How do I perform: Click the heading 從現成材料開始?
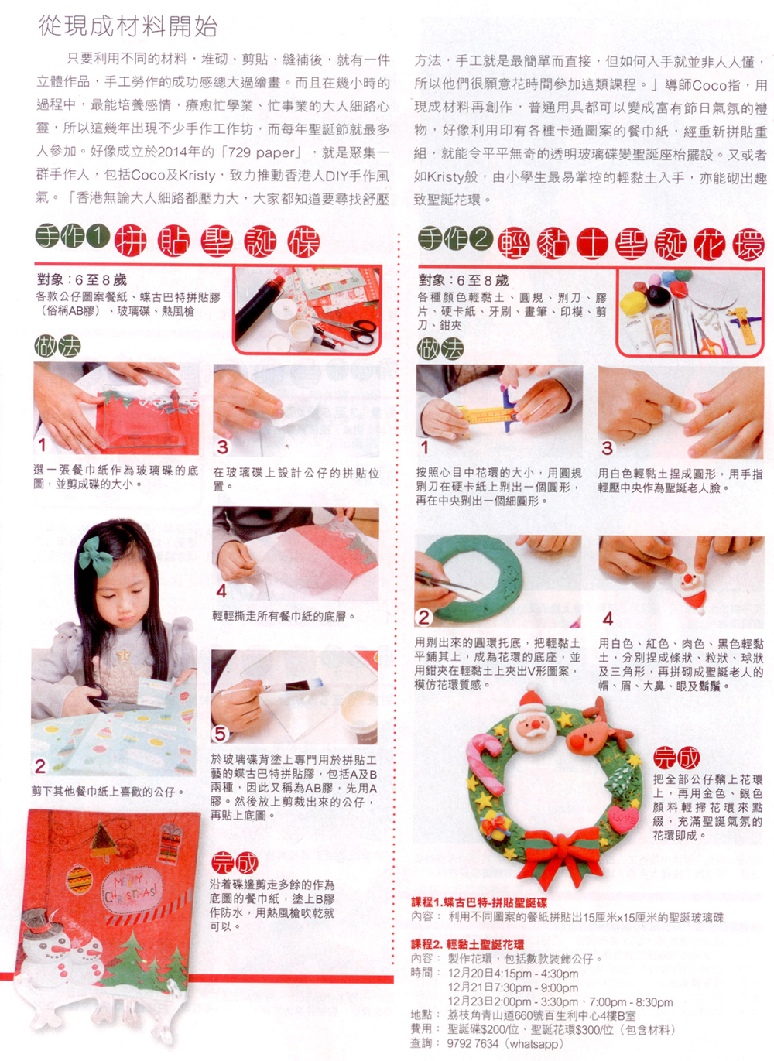(x=128, y=26)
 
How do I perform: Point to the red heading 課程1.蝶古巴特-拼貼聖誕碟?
(x=479, y=903)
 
